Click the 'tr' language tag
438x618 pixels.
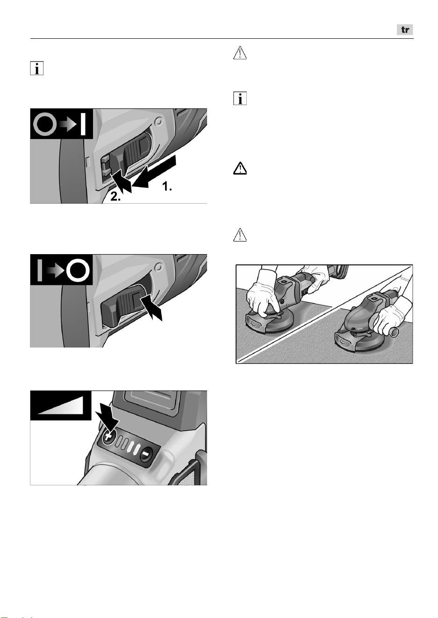click(405, 29)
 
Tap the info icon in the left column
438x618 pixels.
click(37, 68)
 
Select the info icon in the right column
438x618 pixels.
click(240, 98)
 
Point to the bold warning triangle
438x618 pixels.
click(240, 168)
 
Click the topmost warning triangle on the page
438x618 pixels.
click(240, 53)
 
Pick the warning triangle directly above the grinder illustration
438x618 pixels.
click(240, 234)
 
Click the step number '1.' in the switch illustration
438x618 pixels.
click(167, 186)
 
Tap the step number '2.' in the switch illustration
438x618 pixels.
click(115, 197)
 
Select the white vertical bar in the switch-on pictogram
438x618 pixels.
click(83, 124)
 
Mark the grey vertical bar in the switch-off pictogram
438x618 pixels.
click(40, 270)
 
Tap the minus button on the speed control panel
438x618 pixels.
click(146, 454)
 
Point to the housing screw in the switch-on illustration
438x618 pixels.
click(158, 121)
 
